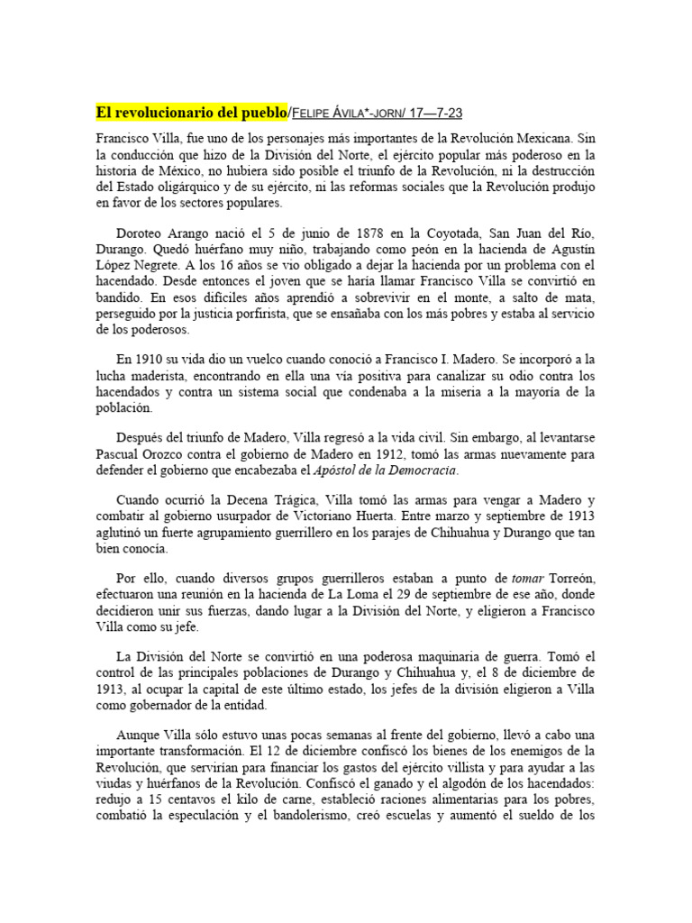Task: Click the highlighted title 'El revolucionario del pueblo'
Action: (190, 112)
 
